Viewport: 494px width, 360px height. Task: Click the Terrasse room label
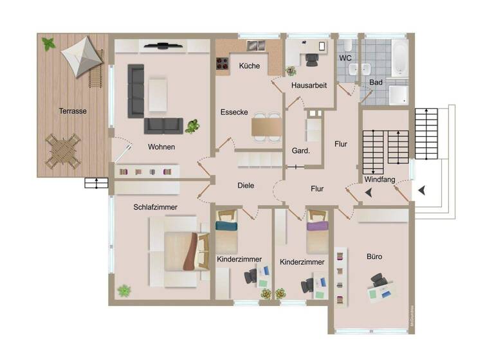point(72,111)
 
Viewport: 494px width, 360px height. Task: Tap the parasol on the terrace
point(82,57)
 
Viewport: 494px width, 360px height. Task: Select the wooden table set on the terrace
point(64,150)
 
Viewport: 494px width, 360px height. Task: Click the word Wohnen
point(161,147)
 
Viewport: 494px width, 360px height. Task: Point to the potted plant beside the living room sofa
point(192,126)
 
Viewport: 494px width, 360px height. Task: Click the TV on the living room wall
point(162,46)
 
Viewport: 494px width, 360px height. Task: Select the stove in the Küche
point(223,63)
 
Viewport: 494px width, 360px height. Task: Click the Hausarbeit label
point(309,85)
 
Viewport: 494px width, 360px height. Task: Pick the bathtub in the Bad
point(399,57)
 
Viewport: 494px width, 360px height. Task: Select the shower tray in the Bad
point(398,94)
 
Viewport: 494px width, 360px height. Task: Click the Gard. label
point(301,152)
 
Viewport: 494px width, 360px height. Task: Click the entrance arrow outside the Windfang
point(422,190)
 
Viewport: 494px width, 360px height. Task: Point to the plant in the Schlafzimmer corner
point(123,291)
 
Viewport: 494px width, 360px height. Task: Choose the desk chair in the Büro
point(378,281)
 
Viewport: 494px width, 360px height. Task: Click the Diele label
point(246,185)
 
